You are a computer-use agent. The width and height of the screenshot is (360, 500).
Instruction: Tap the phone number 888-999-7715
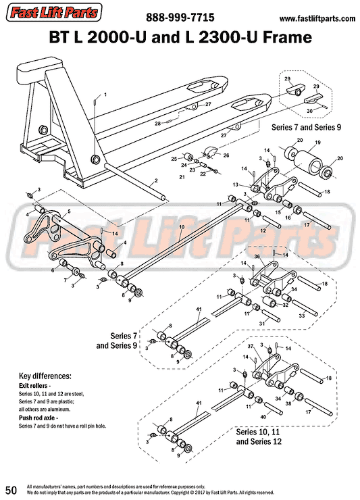(x=180, y=18)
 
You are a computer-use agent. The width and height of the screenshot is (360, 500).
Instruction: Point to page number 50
(x=11, y=489)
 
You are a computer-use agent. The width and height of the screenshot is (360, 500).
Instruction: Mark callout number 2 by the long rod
(x=155, y=181)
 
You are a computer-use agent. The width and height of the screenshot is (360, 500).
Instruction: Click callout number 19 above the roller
(x=313, y=143)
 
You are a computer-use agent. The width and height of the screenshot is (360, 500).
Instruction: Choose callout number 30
(x=309, y=111)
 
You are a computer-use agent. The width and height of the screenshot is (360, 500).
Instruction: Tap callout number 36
(x=257, y=255)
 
